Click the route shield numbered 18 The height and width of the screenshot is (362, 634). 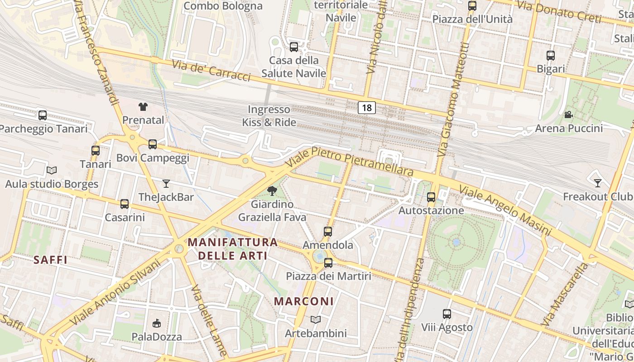click(x=367, y=108)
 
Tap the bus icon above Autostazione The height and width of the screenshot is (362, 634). click(x=431, y=197)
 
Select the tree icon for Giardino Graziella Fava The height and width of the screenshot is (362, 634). click(x=272, y=191)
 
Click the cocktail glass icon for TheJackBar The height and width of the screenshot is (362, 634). click(x=166, y=184)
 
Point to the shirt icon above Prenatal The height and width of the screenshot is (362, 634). click(x=143, y=107)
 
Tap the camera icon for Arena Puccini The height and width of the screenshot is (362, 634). click(x=568, y=115)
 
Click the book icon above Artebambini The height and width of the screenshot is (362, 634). click(x=316, y=320)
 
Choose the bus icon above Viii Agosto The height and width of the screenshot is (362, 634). click(x=447, y=314)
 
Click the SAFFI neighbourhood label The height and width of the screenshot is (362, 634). click(x=51, y=260)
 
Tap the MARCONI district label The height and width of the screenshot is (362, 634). click(x=304, y=301)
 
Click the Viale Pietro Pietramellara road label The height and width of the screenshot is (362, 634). click(x=350, y=162)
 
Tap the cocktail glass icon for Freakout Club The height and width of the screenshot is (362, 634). click(x=598, y=183)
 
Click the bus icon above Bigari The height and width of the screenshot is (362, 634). click(x=551, y=56)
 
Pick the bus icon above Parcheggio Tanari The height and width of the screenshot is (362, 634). click(x=43, y=115)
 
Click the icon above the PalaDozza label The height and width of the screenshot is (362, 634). click(x=157, y=323)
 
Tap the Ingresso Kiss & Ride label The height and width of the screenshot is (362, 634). click(x=269, y=116)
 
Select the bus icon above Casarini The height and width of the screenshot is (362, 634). click(x=125, y=204)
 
